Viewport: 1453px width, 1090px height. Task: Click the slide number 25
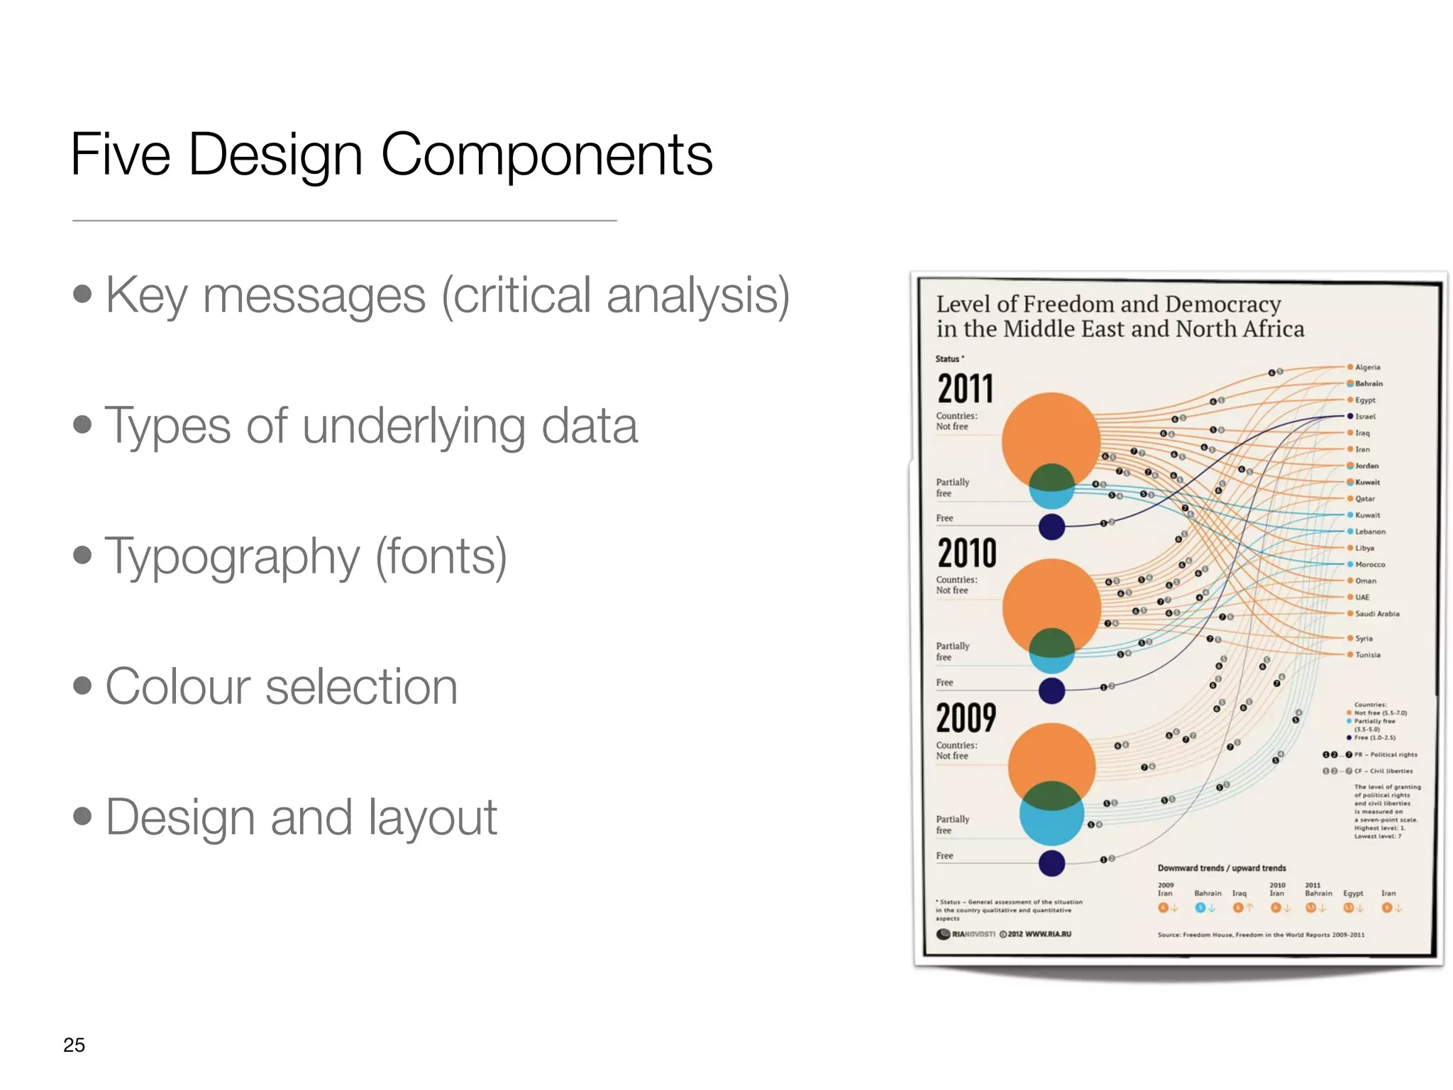[74, 1045]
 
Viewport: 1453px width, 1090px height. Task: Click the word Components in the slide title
[546, 155]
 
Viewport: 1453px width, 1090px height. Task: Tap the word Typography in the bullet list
[233, 556]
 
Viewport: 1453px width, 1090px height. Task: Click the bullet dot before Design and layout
[82, 816]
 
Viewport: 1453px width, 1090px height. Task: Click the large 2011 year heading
[966, 389]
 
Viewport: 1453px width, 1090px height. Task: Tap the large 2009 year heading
[966, 718]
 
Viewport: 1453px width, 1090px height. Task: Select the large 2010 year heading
[967, 554]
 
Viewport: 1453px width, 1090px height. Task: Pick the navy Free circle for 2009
[1051, 863]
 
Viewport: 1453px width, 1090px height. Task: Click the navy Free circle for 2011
[1051, 527]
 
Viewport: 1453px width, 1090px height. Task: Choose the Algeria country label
[1367, 368]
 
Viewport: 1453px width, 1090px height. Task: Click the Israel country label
[1365, 417]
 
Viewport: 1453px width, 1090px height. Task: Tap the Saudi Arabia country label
[1377, 614]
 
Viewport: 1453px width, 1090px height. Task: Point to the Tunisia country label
[1367, 655]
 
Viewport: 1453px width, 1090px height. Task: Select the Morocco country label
[1369, 565]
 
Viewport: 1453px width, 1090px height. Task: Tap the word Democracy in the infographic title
[1222, 304]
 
